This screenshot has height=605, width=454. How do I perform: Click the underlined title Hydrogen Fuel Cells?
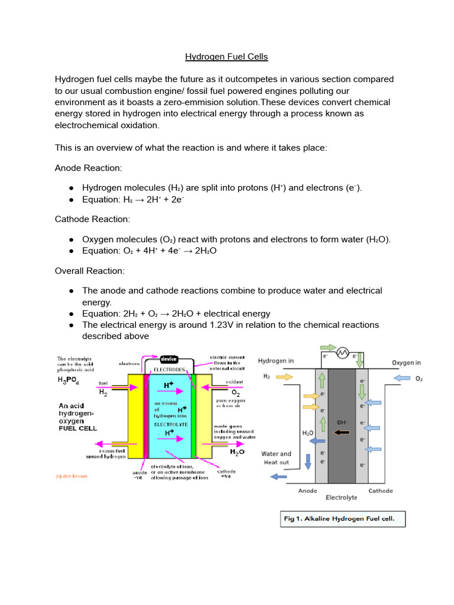226,57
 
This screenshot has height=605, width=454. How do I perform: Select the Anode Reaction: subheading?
88,168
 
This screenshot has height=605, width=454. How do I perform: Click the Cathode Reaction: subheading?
92,219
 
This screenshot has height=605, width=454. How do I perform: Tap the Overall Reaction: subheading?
89,271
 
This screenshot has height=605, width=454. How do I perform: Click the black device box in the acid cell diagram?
171,359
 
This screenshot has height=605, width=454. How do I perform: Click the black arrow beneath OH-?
342,432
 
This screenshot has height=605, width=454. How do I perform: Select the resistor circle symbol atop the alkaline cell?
341,353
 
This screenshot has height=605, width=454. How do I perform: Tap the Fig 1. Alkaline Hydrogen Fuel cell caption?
343,519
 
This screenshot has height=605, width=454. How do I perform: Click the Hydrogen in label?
275,361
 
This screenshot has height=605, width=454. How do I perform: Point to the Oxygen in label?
407,362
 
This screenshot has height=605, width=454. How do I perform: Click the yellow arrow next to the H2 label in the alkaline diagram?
284,376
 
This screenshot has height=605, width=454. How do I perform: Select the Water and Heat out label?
276,458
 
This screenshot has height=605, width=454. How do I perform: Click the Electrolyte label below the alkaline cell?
342,497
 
